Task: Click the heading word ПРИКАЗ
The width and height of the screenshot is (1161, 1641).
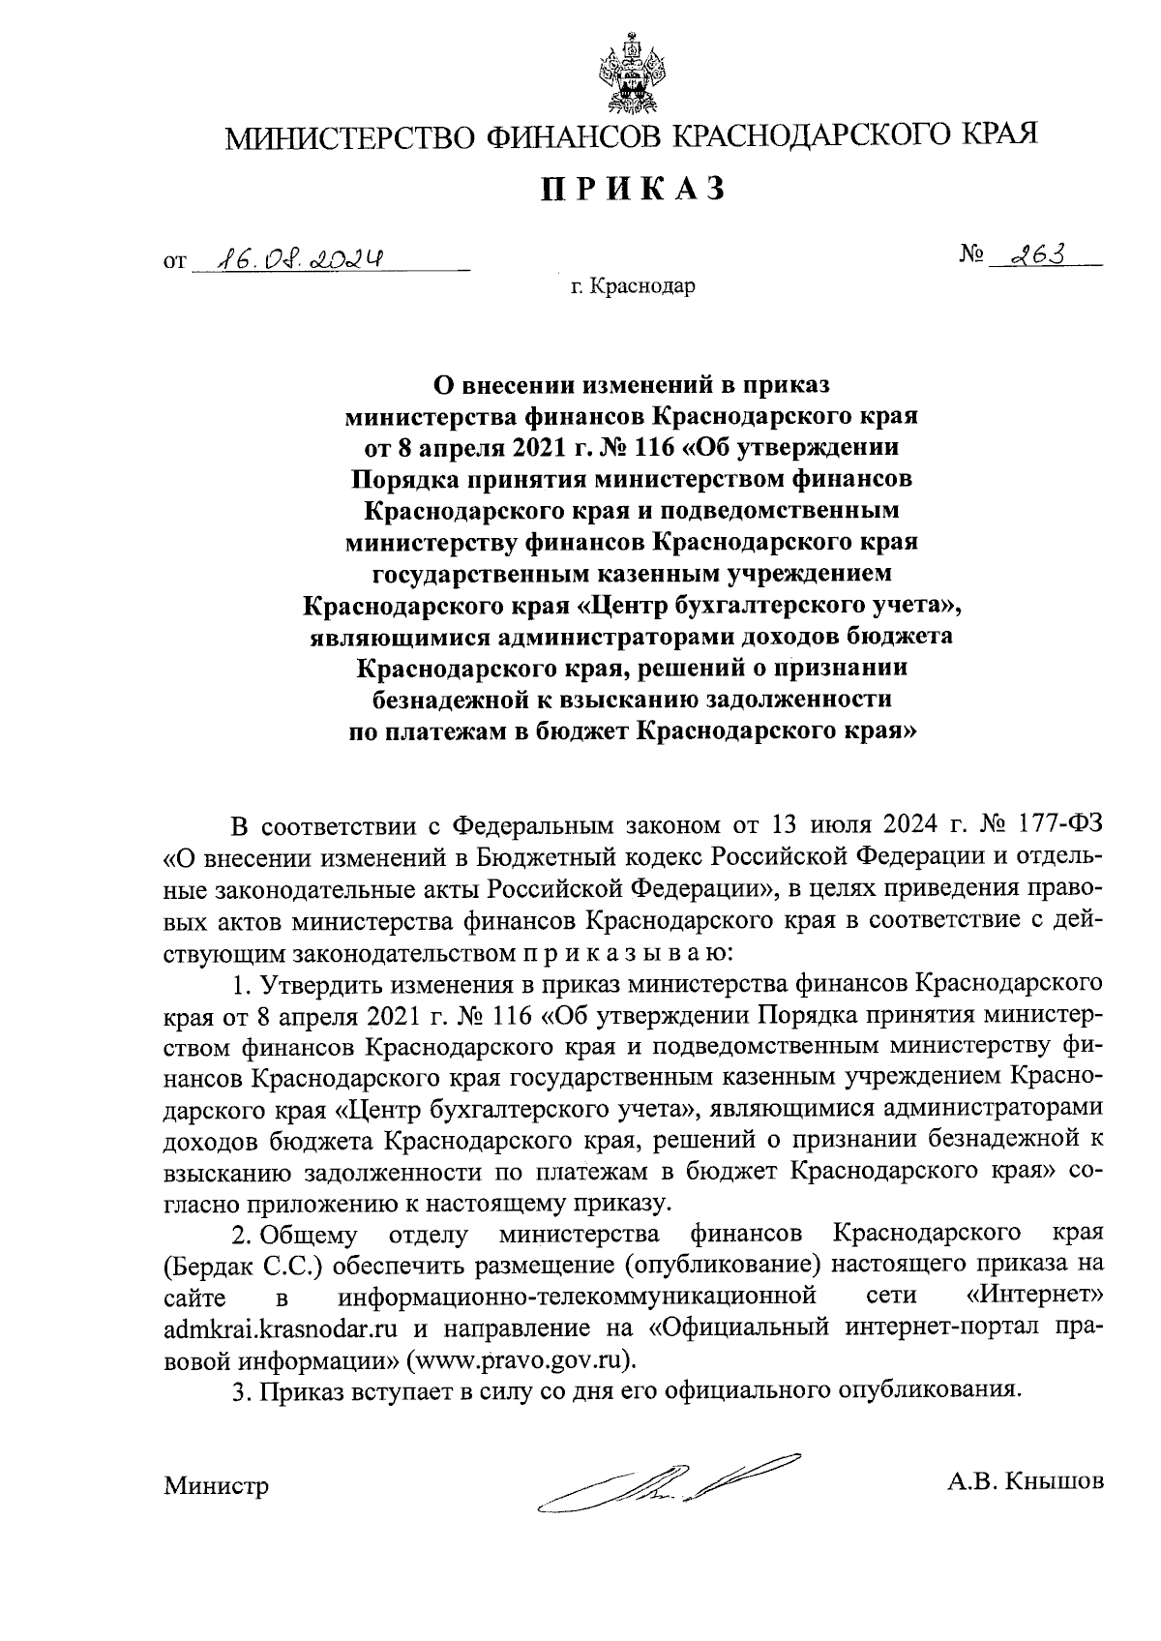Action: click(632, 189)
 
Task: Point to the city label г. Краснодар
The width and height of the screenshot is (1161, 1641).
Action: click(632, 286)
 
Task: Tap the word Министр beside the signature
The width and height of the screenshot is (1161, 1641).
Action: click(216, 1485)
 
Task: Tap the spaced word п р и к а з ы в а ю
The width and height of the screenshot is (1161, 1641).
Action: click(623, 953)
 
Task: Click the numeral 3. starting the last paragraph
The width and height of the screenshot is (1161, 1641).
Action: click(240, 1390)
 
